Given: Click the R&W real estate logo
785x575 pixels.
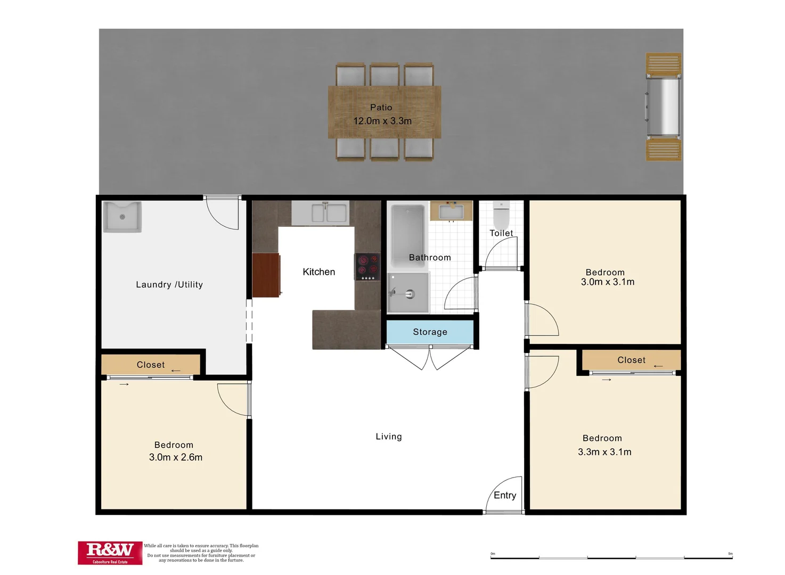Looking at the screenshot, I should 110,552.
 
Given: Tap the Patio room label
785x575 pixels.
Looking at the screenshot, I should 381,108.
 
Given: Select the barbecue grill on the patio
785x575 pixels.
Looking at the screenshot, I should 663,106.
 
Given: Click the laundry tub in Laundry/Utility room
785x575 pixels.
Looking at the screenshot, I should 122,217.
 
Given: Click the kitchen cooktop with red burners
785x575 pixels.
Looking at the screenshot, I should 367,267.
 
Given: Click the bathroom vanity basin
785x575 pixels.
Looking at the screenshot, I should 451,211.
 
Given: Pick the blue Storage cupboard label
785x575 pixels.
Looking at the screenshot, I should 430,332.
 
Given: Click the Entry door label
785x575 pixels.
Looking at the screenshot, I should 505,496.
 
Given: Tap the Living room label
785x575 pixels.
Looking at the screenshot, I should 389,437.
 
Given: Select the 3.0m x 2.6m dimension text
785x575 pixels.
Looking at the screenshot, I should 176,457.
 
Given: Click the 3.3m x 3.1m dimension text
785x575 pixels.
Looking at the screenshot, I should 604,452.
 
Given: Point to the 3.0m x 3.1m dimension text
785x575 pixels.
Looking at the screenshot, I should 608,282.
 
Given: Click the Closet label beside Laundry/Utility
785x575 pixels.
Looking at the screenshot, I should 151,365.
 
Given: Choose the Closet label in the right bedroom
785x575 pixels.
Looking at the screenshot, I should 631,360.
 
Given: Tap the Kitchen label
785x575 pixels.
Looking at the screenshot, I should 319,272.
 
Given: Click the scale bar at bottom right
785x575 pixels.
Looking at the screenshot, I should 611,557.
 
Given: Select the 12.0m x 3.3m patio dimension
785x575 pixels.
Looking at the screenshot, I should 382,121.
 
